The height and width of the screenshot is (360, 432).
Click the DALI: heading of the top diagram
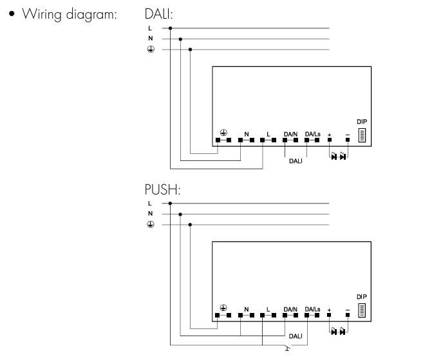(x=158, y=14)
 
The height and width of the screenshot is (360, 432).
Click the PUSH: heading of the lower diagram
(x=162, y=189)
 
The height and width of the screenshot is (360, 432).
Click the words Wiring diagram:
(x=70, y=14)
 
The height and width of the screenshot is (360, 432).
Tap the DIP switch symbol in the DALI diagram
(x=362, y=135)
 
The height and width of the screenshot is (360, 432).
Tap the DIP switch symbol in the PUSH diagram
(x=362, y=310)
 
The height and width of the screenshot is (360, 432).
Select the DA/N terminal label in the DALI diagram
(x=290, y=134)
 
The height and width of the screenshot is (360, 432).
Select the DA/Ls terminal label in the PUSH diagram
(x=312, y=309)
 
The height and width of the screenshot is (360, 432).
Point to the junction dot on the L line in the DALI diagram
(x=170, y=28)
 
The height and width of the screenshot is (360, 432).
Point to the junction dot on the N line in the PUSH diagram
(x=180, y=214)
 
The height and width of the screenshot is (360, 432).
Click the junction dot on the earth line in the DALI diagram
(x=190, y=50)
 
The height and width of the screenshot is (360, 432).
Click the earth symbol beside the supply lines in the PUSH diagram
(x=151, y=224)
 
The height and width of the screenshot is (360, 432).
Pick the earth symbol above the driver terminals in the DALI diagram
(x=223, y=133)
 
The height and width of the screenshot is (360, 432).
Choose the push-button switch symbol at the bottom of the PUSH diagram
(x=287, y=348)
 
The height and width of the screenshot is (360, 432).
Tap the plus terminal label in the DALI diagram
(x=329, y=135)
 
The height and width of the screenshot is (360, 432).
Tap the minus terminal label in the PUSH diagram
(x=348, y=310)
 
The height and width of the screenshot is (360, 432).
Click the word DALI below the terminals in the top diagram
(x=296, y=161)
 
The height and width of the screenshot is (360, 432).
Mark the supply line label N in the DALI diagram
(x=151, y=38)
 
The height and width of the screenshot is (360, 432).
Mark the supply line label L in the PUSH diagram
(x=149, y=204)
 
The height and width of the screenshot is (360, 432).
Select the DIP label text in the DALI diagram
(x=362, y=122)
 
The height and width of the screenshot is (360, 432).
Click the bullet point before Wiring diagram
(x=12, y=14)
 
